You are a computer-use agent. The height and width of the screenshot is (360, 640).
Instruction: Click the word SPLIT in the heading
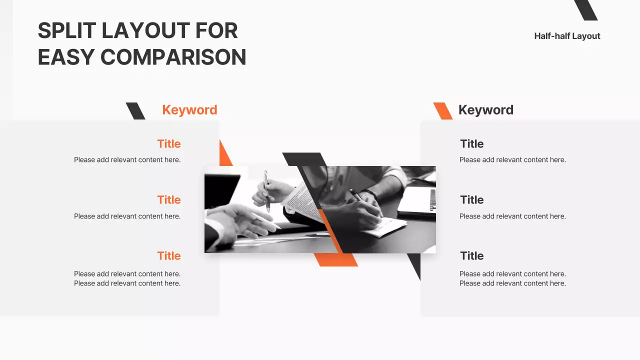pos(66,31)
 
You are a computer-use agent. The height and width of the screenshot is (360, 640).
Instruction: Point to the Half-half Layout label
pos(567,36)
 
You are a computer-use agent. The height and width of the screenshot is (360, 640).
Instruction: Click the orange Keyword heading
pos(189,110)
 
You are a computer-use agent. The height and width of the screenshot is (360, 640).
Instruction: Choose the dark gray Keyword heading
pos(485,110)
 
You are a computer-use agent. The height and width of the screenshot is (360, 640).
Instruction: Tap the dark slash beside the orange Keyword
pos(135,111)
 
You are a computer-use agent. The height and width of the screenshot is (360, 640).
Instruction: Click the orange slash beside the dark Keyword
pos(442,111)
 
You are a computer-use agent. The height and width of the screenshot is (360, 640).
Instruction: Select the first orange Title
pos(168,144)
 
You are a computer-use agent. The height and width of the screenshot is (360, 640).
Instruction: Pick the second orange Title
pos(168,200)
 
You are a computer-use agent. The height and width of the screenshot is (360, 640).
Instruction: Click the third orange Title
pos(168,256)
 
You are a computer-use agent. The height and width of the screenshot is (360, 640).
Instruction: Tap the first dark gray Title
pos(471,144)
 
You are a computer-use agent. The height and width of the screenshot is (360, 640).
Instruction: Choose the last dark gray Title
pos(471,256)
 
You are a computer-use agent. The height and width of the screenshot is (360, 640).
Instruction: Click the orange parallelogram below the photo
pos(336,259)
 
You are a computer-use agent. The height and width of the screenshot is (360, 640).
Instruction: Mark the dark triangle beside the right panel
pos(415,263)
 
